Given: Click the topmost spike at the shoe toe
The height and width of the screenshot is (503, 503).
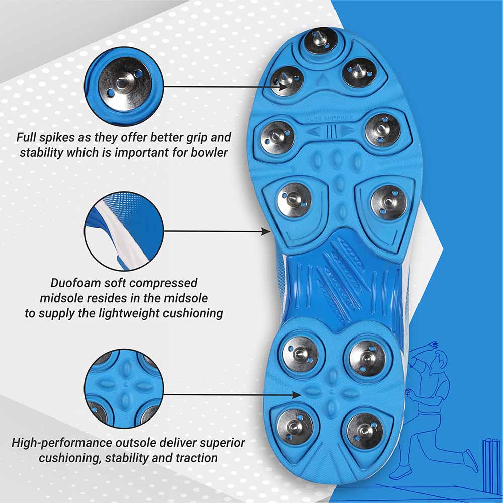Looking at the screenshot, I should coord(320,41).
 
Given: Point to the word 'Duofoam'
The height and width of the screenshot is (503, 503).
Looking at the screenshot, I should coord(74,283).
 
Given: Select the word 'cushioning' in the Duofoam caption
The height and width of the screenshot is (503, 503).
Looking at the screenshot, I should coord(194,313).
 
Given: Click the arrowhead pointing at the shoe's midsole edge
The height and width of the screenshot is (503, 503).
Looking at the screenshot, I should coord(266,231).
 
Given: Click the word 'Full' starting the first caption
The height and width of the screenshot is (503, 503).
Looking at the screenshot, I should coord(26,137).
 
